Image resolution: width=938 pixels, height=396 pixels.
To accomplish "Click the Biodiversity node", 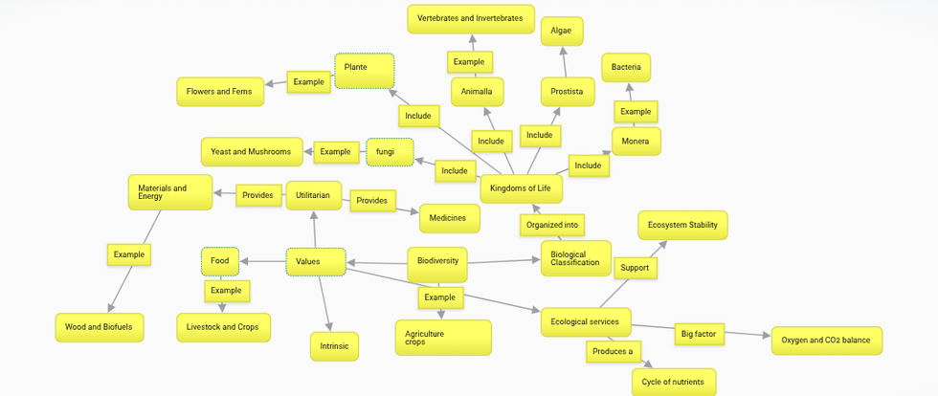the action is click(x=437, y=264).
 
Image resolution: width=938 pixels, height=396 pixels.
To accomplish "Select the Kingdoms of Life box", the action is click(x=522, y=189).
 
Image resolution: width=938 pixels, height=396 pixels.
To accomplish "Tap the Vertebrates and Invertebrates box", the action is click(x=471, y=19).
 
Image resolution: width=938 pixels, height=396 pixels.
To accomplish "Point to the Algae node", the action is click(x=562, y=32).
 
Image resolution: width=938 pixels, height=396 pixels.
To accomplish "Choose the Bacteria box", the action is click(x=626, y=68).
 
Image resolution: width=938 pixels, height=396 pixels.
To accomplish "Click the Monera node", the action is click(x=636, y=142).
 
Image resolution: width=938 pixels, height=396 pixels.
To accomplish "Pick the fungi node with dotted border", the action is click(x=390, y=152).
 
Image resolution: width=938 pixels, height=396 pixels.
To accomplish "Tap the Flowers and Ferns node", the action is click(x=220, y=92).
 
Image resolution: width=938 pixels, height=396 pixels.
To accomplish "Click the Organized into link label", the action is click(x=552, y=226).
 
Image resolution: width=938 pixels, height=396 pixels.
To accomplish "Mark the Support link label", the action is click(x=636, y=268).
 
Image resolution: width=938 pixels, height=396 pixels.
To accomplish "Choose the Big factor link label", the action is click(x=700, y=335).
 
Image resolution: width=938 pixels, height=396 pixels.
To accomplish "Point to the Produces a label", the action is click(x=614, y=352).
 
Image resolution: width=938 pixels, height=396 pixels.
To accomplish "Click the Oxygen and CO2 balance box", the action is click(x=827, y=341).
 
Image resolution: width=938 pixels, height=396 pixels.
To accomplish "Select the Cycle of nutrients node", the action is click(x=674, y=383).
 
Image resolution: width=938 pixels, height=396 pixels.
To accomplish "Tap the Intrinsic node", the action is click(x=334, y=346).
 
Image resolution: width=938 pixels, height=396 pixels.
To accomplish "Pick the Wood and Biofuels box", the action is click(x=100, y=328).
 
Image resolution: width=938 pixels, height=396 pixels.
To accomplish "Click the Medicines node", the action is click(x=450, y=218).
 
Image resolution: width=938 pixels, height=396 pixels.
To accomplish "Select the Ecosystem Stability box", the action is click(x=682, y=226).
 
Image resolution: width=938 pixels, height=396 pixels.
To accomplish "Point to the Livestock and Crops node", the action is click(x=223, y=328).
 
